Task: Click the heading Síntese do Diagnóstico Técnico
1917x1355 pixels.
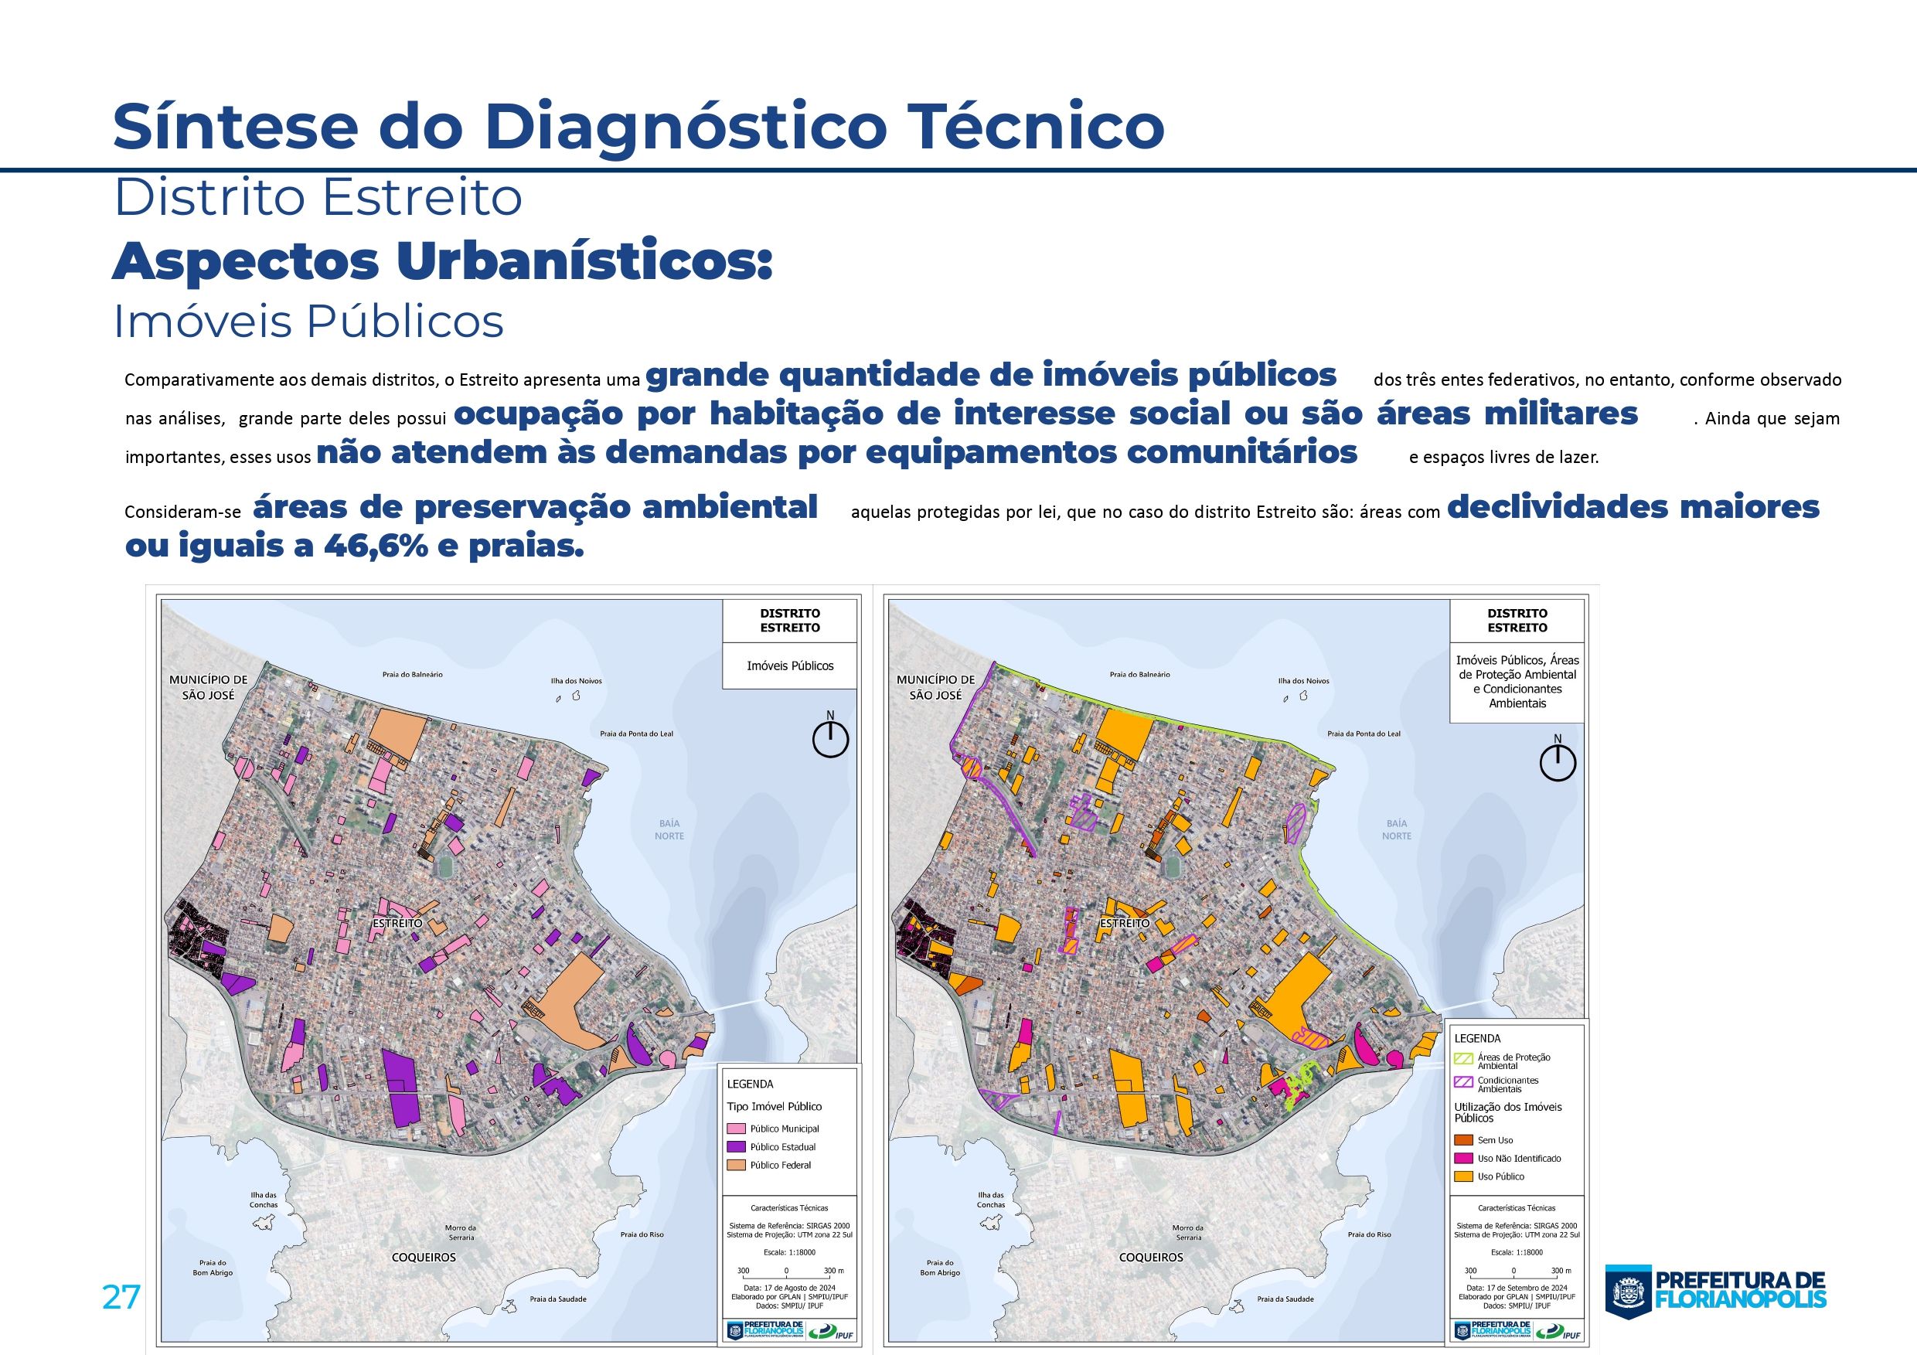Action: coord(638,126)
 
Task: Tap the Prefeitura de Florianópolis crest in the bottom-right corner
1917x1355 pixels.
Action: coord(1627,1292)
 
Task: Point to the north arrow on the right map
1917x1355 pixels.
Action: coord(1557,761)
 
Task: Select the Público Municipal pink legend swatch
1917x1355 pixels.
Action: coord(736,1129)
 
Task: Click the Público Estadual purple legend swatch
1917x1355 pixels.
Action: coord(736,1147)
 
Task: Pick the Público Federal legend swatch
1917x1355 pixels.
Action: coord(736,1166)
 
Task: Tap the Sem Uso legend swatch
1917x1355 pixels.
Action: coord(1462,1139)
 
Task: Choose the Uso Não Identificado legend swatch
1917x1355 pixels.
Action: coord(1462,1158)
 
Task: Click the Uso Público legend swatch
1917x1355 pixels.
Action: coord(1462,1176)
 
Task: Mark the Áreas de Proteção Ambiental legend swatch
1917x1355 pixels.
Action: coord(1462,1060)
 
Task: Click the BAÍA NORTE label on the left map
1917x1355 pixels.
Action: coord(669,829)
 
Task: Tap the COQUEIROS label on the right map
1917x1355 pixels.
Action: coord(1150,1257)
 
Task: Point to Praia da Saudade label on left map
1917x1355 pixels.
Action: coord(558,1299)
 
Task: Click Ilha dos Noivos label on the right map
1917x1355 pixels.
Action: coord(1304,680)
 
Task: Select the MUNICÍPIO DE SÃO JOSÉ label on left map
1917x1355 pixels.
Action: coord(209,687)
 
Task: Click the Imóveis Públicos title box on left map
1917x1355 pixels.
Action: coord(790,666)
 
